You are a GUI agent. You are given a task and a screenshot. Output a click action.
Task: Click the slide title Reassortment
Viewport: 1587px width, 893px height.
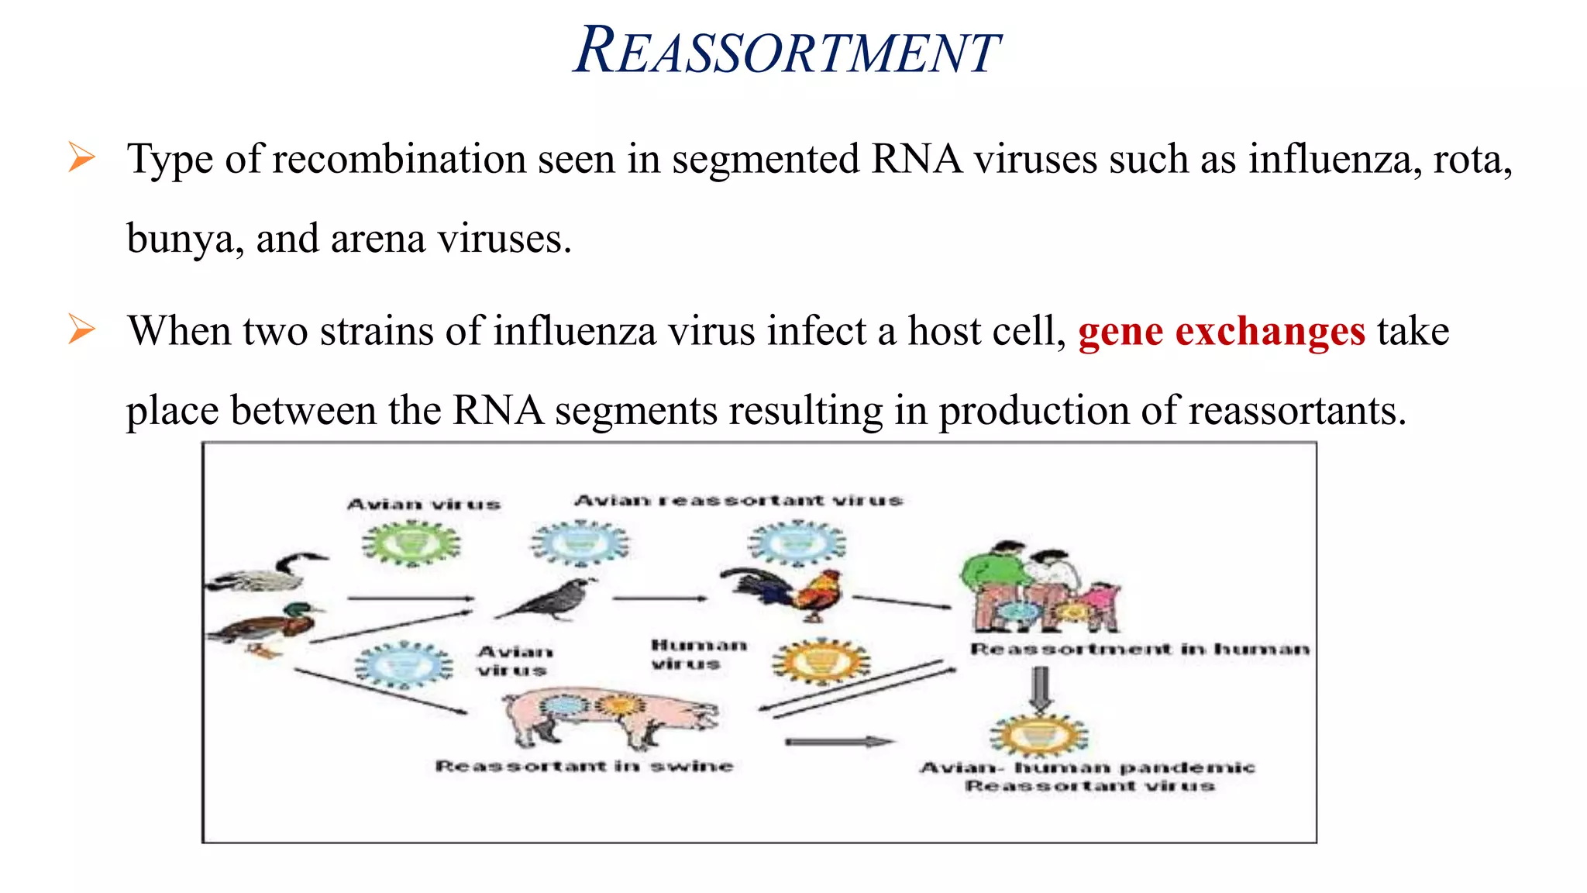point(786,51)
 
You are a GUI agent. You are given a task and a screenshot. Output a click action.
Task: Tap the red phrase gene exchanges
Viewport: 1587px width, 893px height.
point(1220,332)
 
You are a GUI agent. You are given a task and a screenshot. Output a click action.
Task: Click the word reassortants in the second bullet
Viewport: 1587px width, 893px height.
point(1296,411)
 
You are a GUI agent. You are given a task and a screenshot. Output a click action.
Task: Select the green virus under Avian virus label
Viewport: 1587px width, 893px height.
point(411,543)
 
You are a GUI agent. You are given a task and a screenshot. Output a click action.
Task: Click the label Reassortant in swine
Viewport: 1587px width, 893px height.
point(584,767)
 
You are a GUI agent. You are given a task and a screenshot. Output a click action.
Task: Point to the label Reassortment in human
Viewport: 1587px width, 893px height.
point(1139,649)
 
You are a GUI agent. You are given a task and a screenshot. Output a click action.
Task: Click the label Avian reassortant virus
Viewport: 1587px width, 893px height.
point(738,501)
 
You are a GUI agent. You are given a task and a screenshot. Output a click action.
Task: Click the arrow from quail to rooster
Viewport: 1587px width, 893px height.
point(659,598)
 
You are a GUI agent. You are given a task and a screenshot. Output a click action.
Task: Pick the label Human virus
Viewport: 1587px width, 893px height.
point(697,654)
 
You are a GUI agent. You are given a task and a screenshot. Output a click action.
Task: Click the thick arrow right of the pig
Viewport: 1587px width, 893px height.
point(838,742)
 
